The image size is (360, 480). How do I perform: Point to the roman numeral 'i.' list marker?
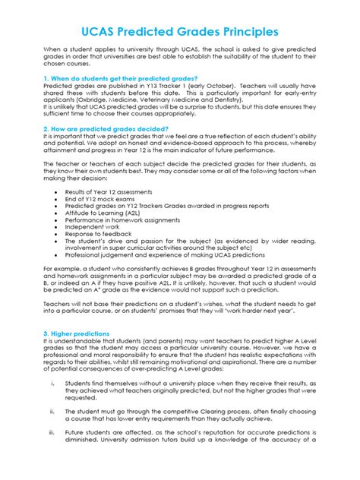pyautogui.click(x=51, y=362)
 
